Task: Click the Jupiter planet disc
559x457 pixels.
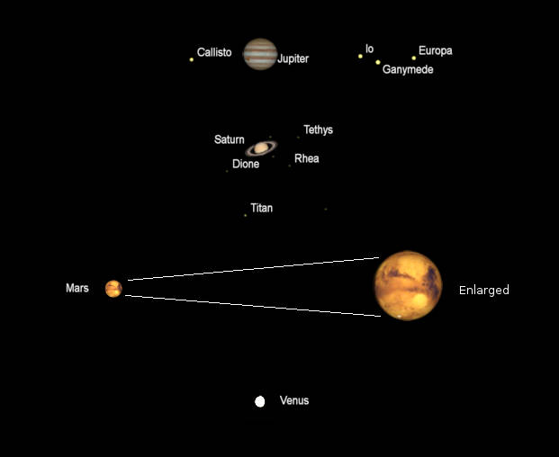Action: tap(260, 54)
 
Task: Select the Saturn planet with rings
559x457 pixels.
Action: tap(262, 148)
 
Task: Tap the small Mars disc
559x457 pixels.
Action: tap(113, 288)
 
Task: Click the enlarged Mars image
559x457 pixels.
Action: tap(409, 285)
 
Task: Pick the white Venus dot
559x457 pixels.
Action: tap(260, 401)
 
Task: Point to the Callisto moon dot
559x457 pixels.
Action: tap(192, 59)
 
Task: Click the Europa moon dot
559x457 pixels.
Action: tap(414, 58)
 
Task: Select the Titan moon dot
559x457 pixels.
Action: tap(245, 215)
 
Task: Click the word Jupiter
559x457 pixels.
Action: tap(293, 58)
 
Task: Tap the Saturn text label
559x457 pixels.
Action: tap(229, 139)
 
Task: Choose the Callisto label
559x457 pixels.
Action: tap(214, 52)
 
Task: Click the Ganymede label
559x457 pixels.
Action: tap(408, 69)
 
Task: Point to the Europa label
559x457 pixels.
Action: tap(436, 50)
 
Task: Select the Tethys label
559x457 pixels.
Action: tap(318, 130)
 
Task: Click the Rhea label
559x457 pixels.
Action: tap(307, 158)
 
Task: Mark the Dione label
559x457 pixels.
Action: tap(246, 164)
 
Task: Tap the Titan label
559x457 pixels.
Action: tap(262, 208)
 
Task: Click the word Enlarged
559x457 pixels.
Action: tap(484, 290)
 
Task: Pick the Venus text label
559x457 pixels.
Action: tap(294, 400)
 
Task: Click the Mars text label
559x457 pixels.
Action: tap(77, 288)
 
